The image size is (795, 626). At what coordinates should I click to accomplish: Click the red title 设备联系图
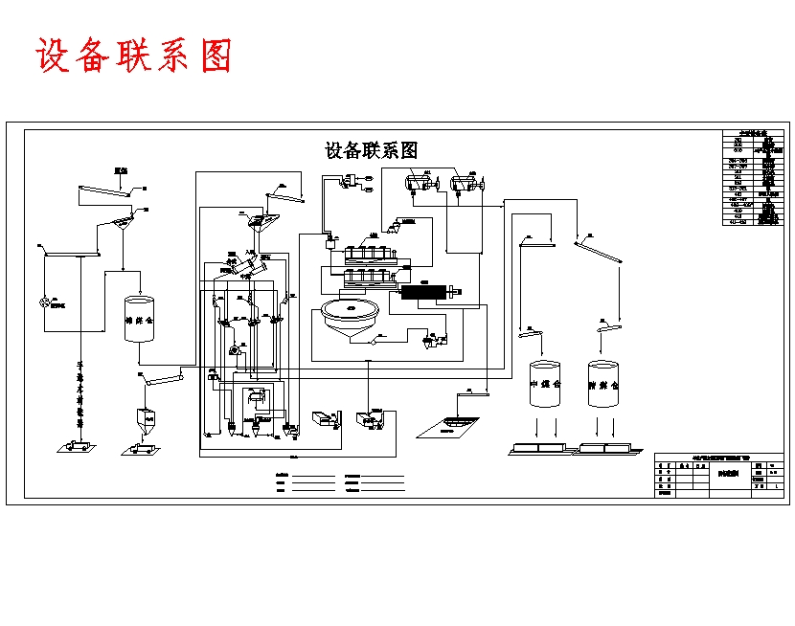[134, 56]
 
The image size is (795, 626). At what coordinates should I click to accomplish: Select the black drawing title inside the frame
[372, 150]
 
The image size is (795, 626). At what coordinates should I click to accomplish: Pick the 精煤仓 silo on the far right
[604, 384]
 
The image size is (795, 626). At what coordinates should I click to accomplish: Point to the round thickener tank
[349, 312]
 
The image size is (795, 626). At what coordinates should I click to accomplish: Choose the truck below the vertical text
[75, 445]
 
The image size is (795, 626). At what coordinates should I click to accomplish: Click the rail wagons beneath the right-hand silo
[605, 447]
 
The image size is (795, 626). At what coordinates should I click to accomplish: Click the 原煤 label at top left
[121, 171]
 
